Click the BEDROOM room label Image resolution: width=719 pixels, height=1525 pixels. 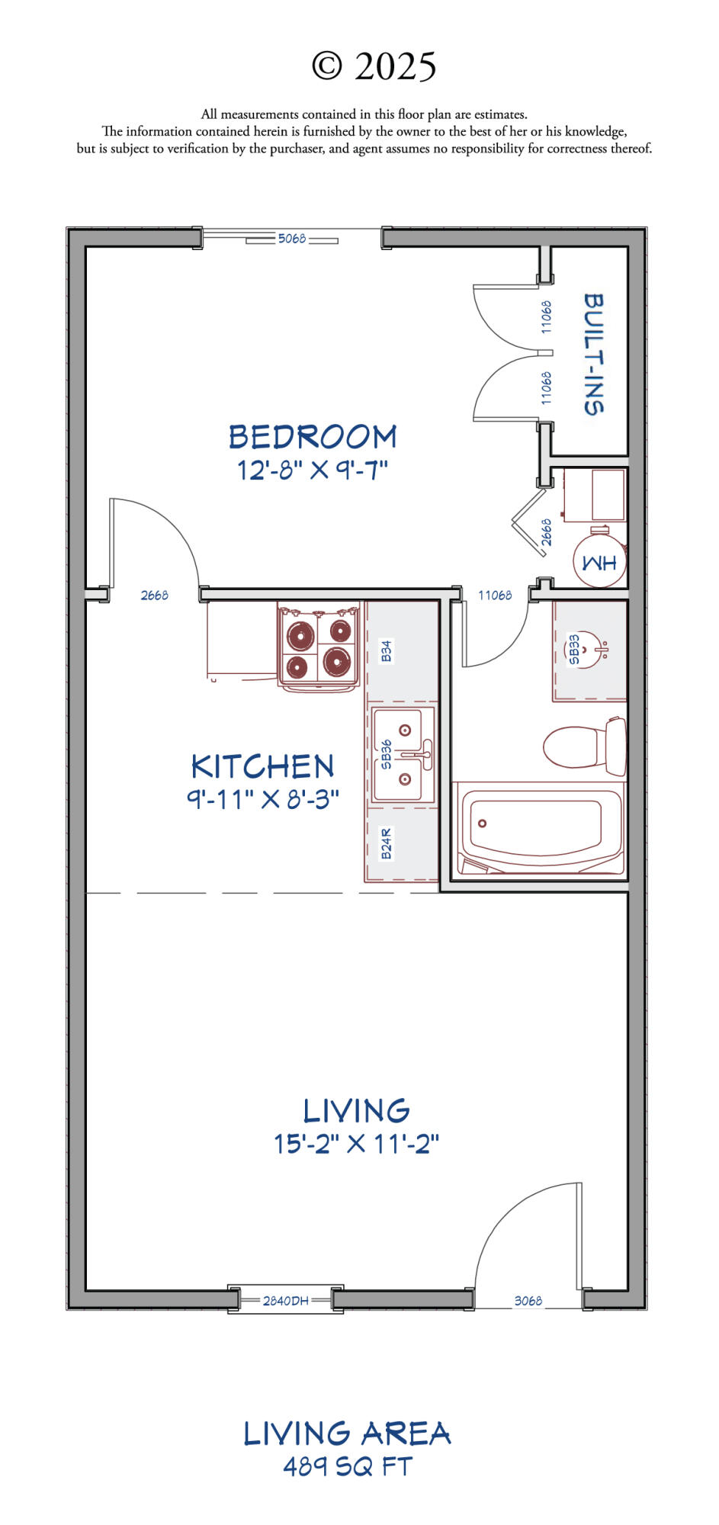[x=313, y=437]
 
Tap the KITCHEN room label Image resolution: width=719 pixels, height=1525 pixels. [x=262, y=766]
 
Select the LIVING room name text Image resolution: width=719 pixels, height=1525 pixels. [x=356, y=1111]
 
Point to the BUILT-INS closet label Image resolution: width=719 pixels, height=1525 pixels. [x=594, y=354]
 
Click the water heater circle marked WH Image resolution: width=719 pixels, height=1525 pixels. [x=600, y=563]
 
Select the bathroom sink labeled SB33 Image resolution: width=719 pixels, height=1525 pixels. [x=589, y=650]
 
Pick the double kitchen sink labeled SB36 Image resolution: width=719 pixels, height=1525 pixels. [x=403, y=755]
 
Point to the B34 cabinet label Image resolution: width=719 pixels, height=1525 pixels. [x=387, y=651]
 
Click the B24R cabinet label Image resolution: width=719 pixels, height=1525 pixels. [x=387, y=844]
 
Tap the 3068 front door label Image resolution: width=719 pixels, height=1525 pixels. [x=528, y=1301]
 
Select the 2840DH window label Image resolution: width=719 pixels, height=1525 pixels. [x=286, y=1301]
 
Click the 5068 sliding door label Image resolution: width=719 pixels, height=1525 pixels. [x=292, y=239]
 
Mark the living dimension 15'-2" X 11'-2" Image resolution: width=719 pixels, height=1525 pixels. [x=357, y=1144]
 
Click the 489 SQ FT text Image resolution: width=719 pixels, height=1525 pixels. [x=348, y=1466]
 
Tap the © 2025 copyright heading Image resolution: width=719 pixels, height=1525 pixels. [x=374, y=66]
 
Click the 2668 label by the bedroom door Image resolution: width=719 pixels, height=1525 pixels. [x=155, y=596]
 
